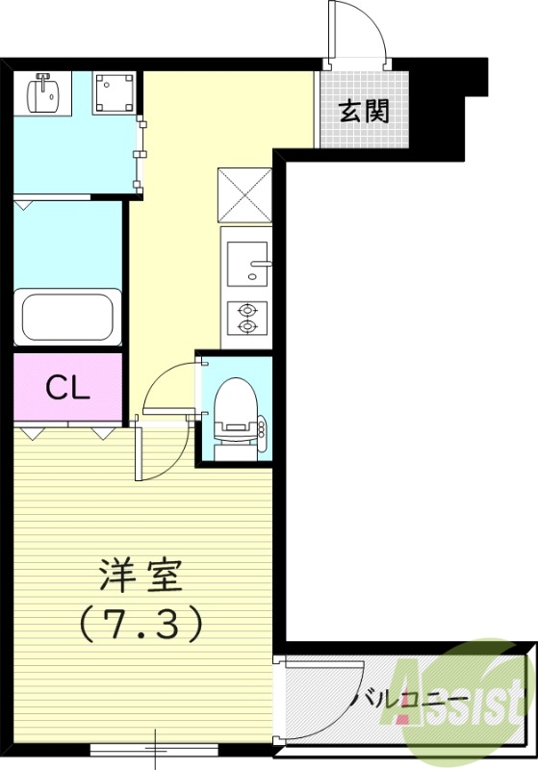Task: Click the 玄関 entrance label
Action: click(x=364, y=111)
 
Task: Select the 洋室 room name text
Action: click(x=141, y=577)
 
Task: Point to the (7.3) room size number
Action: click(x=141, y=625)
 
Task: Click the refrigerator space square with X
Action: click(x=245, y=195)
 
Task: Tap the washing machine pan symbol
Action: click(x=115, y=93)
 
